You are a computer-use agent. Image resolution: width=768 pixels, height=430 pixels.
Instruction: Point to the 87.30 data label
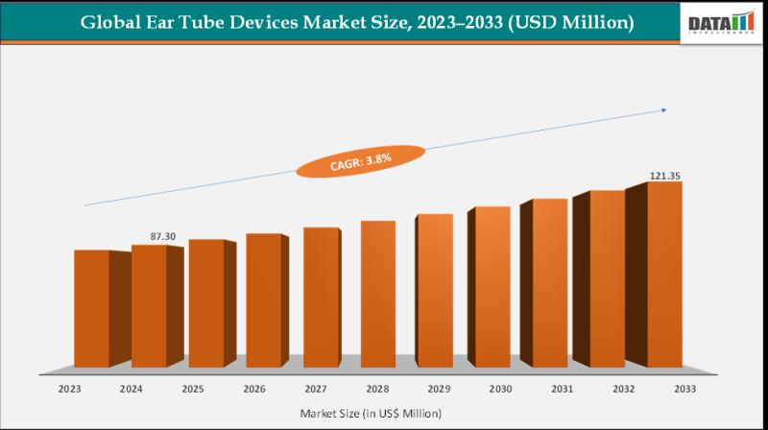point(149,235)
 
